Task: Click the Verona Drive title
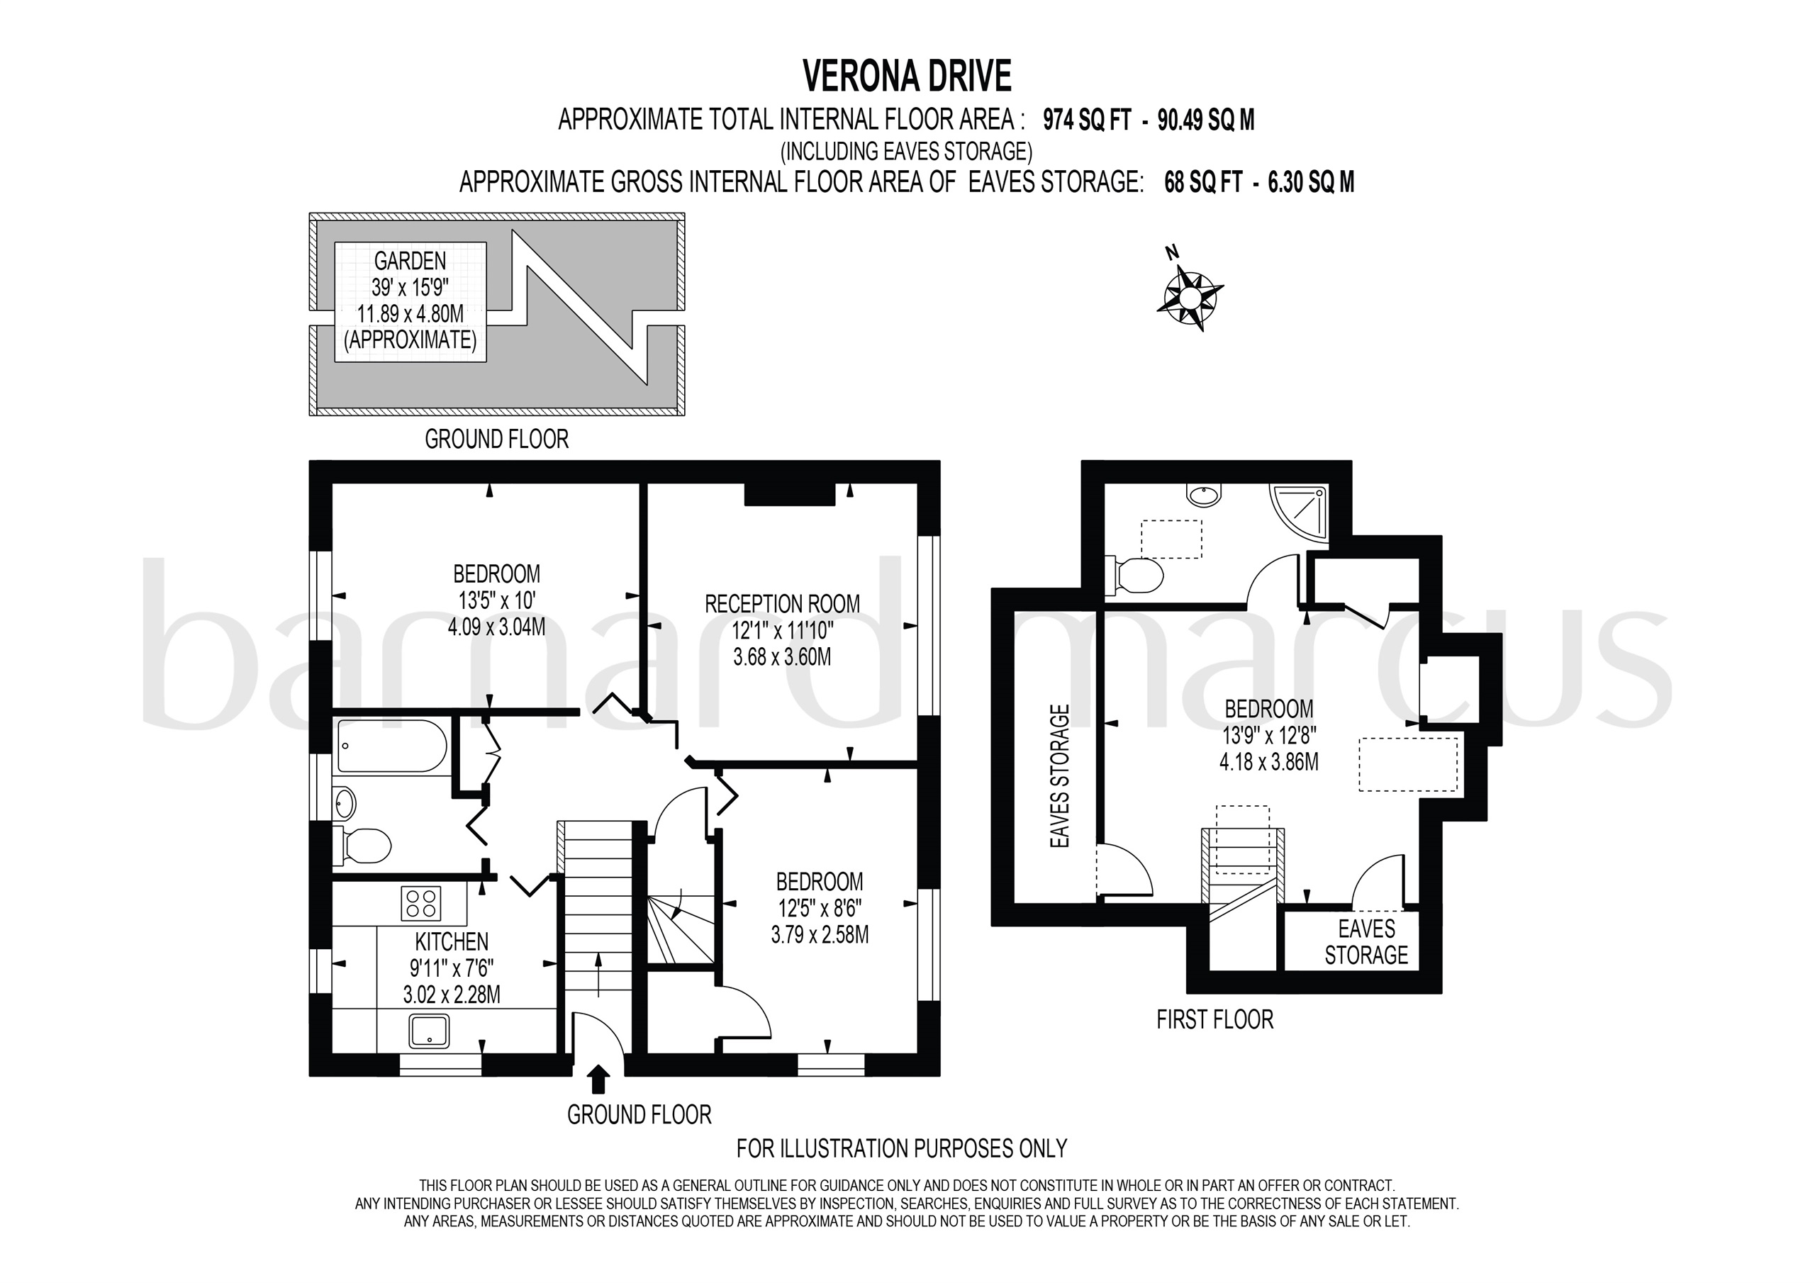click(x=907, y=77)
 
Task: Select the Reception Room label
click(x=782, y=605)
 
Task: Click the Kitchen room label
click(x=452, y=941)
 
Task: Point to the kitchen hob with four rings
click(x=420, y=903)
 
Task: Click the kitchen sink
click(x=429, y=1031)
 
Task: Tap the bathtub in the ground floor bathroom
click(x=391, y=745)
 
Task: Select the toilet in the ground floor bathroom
click(x=364, y=845)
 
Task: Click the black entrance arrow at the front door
click(x=599, y=1078)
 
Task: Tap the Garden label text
click(x=410, y=261)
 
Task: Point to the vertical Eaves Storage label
click(x=1059, y=776)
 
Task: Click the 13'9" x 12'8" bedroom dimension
click(x=1268, y=736)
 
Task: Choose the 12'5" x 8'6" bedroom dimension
click(x=819, y=908)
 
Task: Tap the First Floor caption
click(x=1214, y=1020)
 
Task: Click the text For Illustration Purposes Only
click(x=901, y=1148)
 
